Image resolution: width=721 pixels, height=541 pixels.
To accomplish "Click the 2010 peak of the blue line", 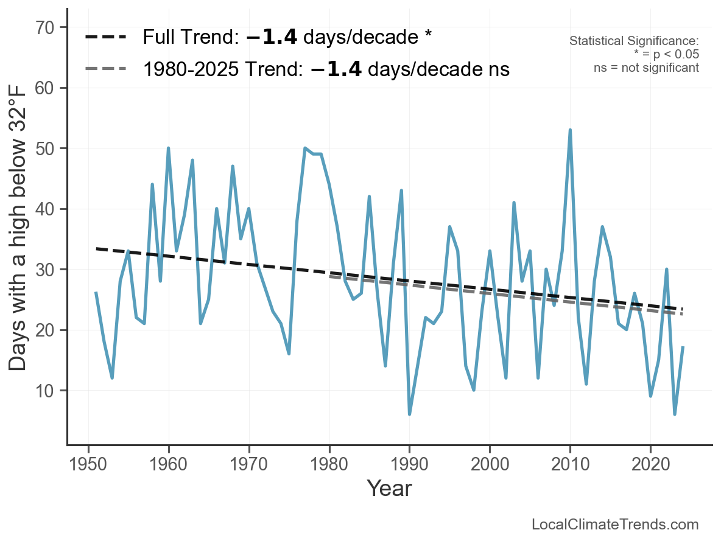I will tap(570, 130).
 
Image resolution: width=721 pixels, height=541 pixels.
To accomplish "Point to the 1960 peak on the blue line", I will tap(168, 148).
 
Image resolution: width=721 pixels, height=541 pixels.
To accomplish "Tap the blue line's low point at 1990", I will tap(409, 414).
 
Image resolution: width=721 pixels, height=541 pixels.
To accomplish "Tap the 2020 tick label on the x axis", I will tap(650, 462).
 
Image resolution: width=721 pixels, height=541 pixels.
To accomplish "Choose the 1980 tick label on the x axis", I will tap(329, 462).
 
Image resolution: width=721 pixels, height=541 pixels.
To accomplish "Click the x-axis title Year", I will tap(389, 488).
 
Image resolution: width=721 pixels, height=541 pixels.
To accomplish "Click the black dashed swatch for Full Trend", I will tap(105, 37).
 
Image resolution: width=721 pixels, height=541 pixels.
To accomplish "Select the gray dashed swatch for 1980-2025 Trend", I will tap(105, 69).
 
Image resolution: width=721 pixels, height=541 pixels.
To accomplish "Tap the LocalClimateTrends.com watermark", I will tap(615, 525).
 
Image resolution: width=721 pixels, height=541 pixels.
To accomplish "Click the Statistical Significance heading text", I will tap(634, 41).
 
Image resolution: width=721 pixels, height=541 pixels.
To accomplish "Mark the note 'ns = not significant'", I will tap(646, 68).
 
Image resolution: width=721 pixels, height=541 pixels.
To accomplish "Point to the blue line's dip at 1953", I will tap(112, 377).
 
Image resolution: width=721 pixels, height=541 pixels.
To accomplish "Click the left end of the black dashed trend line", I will tap(97, 248).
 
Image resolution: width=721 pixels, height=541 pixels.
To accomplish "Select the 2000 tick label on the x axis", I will tap(490, 462).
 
